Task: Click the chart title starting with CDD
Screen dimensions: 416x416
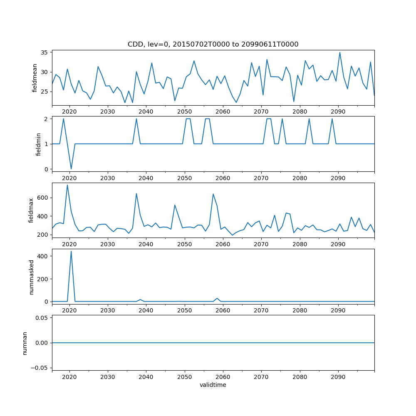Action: [x=213, y=45]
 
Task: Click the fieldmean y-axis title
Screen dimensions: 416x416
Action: [x=35, y=78]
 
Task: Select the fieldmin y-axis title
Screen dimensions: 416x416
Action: [x=38, y=144]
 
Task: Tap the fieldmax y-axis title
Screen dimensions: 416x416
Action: [x=31, y=210]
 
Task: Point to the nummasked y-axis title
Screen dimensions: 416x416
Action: [x=31, y=276]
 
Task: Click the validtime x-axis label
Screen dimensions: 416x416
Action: [x=213, y=385]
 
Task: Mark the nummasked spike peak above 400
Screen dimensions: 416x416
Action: [x=71, y=251]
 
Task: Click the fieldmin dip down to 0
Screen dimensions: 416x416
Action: [x=71, y=169]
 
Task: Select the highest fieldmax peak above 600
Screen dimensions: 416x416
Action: [x=67, y=185]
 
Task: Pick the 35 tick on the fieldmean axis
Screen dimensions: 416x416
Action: [x=44, y=52]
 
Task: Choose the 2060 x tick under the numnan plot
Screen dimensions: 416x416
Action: [x=223, y=376]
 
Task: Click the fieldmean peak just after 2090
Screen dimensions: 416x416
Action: [x=340, y=52]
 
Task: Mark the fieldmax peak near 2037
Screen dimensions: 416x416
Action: [x=136, y=193]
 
